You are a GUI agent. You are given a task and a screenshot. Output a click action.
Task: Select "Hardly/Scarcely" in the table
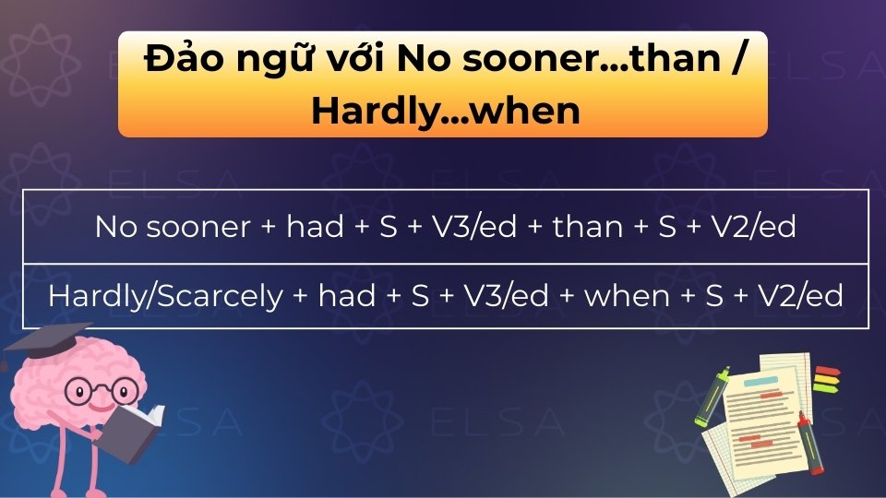coord(165,296)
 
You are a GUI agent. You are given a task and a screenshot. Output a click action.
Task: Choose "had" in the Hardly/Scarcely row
coord(346,296)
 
